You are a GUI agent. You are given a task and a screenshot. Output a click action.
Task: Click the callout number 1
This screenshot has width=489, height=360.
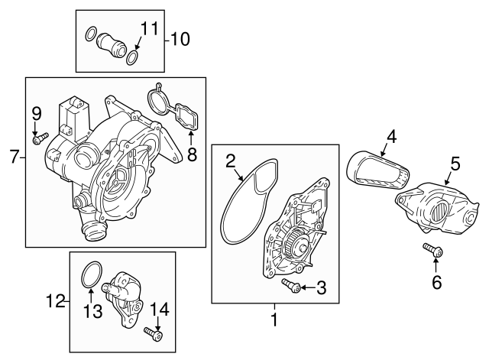click(274, 320)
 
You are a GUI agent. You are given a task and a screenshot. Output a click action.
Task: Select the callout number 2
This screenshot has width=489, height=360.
click(229, 161)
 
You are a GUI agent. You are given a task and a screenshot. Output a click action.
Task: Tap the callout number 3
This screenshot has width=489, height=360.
click(321, 287)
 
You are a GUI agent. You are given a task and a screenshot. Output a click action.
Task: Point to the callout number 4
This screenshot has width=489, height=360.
click(390, 138)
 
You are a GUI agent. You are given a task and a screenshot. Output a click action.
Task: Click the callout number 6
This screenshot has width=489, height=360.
click(436, 283)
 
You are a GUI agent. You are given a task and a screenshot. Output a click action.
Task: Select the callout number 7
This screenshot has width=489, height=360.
click(13, 158)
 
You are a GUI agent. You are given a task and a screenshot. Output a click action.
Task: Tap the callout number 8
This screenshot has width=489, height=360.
click(191, 155)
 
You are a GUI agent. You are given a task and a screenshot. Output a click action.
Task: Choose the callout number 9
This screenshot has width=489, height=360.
click(35, 115)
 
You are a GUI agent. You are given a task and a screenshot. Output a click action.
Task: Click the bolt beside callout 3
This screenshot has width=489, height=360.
click(290, 286)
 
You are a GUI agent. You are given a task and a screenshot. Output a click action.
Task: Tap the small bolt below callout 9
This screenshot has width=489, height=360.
click(38, 138)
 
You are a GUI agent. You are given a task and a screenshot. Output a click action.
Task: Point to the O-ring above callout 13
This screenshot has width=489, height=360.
click(92, 273)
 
